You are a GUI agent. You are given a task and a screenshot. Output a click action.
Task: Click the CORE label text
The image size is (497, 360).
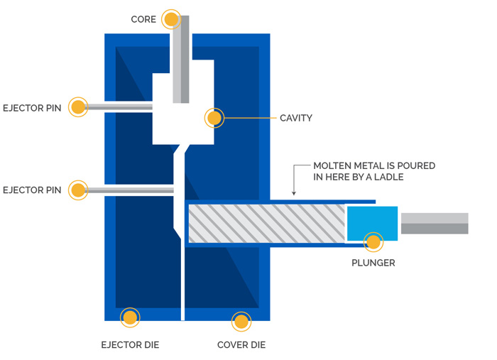point(144,19)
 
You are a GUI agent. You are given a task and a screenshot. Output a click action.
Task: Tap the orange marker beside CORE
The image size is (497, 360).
point(171,19)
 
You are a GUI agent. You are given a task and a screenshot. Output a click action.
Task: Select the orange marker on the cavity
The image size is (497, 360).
point(214,118)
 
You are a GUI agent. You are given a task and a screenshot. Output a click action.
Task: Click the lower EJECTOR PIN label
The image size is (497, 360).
point(33,190)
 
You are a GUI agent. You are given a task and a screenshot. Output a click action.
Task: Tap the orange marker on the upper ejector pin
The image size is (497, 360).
point(77,107)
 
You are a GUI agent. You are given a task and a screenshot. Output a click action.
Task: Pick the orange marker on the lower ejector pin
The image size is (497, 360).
point(77,190)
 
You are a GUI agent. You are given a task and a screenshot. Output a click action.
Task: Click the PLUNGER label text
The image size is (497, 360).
point(373,263)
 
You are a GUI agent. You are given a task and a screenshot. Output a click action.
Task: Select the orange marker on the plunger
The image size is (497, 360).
point(373,242)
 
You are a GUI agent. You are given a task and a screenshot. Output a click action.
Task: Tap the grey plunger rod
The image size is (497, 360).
point(435,223)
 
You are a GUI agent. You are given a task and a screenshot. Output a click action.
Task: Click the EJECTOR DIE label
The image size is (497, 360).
point(130,345)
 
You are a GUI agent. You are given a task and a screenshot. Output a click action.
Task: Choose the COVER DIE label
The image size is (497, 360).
point(241,345)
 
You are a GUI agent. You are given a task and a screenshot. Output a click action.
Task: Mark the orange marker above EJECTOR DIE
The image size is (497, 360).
point(130,317)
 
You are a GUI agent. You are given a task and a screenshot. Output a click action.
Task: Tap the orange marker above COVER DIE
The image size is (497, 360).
point(241,322)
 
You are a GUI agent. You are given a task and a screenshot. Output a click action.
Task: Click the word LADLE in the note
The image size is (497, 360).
point(388,177)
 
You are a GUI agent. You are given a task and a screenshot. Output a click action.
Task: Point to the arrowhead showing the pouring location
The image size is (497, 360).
point(293,192)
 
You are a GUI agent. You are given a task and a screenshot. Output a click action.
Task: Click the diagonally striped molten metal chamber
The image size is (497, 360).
point(266,222)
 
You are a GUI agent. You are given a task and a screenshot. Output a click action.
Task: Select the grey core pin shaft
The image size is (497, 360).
point(181,57)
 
